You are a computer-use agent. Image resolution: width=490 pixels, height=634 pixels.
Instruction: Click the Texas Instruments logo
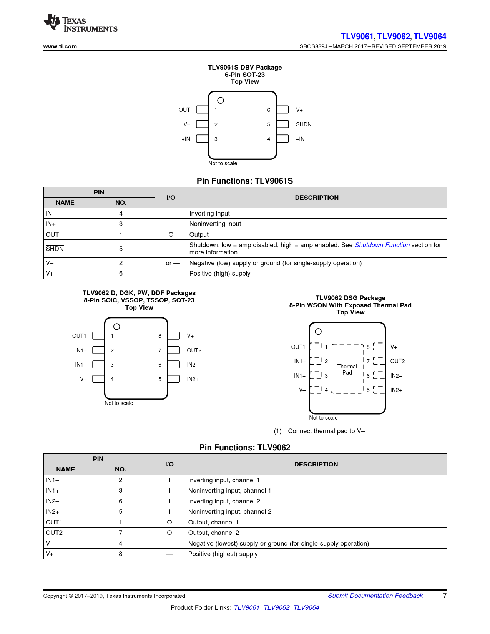coord(80,24)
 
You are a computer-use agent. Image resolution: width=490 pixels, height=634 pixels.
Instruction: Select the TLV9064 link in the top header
coord(430,37)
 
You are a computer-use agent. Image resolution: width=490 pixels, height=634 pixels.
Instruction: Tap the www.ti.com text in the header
coord(60,46)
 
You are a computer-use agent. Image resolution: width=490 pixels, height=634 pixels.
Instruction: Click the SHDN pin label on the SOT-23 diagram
coord(304,124)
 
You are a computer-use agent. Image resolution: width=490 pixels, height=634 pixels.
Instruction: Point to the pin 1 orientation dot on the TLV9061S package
coord(221,101)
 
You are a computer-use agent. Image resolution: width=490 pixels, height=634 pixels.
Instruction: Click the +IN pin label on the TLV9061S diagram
coord(186,139)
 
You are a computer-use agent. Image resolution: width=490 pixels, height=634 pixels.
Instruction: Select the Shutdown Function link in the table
coord(382,245)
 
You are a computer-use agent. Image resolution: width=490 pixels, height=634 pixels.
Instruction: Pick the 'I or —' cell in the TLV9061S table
coord(171,263)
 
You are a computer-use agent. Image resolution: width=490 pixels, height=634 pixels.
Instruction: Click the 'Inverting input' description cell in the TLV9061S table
coord(209,214)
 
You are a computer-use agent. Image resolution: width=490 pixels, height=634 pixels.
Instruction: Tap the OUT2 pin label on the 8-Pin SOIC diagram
coord(194,350)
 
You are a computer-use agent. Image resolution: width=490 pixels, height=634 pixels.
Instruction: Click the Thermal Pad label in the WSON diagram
coord(347,370)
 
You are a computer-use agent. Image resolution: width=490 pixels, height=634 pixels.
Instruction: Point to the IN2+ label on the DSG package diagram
coord(396,390)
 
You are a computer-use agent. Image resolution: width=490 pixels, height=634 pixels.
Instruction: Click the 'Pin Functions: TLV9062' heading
coord(245,448)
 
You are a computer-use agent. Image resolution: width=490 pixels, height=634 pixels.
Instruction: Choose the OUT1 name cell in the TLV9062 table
coord(54,523)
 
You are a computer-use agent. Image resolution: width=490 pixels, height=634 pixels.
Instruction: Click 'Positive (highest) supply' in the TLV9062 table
coord(223,554)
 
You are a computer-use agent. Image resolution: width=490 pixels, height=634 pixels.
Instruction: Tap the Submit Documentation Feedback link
coord(375,596)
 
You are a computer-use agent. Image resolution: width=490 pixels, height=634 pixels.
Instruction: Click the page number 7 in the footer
coord(445,596)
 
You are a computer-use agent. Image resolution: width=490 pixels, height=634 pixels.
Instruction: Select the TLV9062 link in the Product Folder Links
coord(276,608)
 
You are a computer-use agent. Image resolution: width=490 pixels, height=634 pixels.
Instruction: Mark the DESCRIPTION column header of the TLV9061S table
coord(317,198)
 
